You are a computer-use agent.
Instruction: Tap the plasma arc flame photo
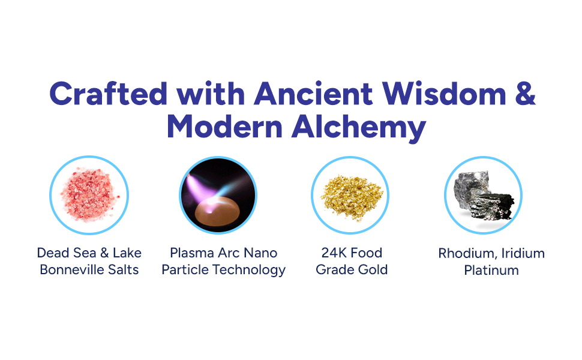tap(218, 194)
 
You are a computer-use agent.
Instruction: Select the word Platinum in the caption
tap(491, 271)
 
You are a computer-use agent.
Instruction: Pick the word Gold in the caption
tap(372, 270)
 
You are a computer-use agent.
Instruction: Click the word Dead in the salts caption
tap(52, 253)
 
